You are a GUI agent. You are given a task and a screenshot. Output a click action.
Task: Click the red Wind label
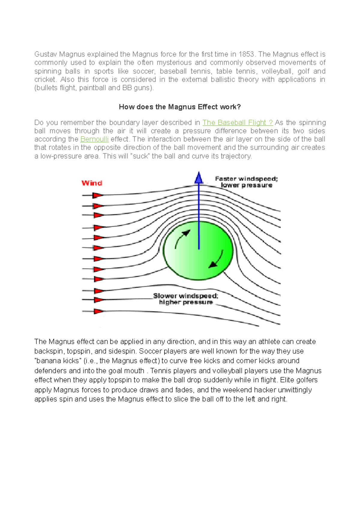[x=92, y=183]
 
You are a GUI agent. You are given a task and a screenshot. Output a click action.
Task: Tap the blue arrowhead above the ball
[x=199, y=178]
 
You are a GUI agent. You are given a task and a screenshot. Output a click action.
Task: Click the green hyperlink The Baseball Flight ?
[x=237, y=123]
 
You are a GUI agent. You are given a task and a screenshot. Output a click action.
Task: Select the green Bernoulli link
[x=94, y=139]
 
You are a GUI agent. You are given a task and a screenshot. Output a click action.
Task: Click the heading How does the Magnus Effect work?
[x=180, y=107]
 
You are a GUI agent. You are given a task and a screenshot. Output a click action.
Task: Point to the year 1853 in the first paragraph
[x=246, y=54]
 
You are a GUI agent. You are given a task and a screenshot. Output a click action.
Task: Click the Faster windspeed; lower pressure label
[x=246, y=182]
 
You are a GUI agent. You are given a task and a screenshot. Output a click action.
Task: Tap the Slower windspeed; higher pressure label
[x=186, y=299]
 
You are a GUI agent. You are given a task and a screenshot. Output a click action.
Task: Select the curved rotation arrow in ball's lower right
[x=217, y=260]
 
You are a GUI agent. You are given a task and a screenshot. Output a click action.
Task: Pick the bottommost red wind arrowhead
[x=98, y=311]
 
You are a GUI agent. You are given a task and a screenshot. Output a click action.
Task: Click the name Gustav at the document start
[x=45, y=54]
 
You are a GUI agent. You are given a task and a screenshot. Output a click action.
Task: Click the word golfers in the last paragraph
[x=307, y=380]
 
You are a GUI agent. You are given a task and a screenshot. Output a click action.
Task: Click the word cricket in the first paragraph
[x=45, y=79]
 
